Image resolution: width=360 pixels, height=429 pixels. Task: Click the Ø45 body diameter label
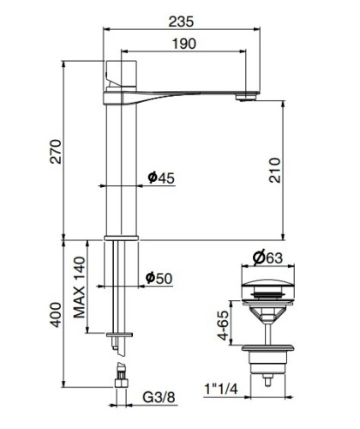pyautogui.click(x=160, y=178)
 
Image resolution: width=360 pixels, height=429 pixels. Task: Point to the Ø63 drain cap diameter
pyautogui.click(x=268, y=257)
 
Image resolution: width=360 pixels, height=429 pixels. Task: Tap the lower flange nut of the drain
pyautogui.click(x=268, y=352)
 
